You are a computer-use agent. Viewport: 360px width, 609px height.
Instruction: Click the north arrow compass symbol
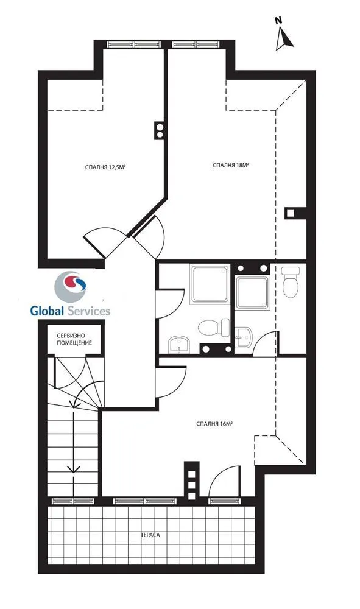pyautogui.click(x=284, y=34)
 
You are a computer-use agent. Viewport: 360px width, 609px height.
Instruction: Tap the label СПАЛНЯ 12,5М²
pyautogui.click(x=107, y=167)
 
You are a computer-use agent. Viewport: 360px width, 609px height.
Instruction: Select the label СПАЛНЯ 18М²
pyautogui.click(x=231, y=165)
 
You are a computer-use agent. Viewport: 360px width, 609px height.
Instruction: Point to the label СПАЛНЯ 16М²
pyautogui.click(x=214, y=424)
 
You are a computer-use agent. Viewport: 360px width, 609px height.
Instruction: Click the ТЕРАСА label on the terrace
pyautogui.click(x=150, y=535)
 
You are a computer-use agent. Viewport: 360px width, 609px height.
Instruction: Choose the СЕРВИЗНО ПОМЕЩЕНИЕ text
pyautogui.click(x=74, y=339)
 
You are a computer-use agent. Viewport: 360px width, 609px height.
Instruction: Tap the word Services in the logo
pyautogui.click(x=89, y=311)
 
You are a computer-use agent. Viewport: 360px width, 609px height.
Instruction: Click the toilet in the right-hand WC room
pyautogui.click(x=291, y=281)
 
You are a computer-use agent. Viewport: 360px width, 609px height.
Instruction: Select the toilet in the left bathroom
pyautogui.click(x=214, y=327)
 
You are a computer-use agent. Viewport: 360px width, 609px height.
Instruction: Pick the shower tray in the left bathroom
pyautogui.click(x=210, y=284)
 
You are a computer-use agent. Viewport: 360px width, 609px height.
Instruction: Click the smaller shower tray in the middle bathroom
pyautogui.click(x=252, y=293)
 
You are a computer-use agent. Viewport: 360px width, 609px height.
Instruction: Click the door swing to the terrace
pyautogui.click(x=224, y=481)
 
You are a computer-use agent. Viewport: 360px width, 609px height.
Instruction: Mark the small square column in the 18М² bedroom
pyautogui.click(x=290, y=213)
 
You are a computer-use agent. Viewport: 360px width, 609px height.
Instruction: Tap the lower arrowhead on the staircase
pyautogui.click(x=73, y=469)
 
